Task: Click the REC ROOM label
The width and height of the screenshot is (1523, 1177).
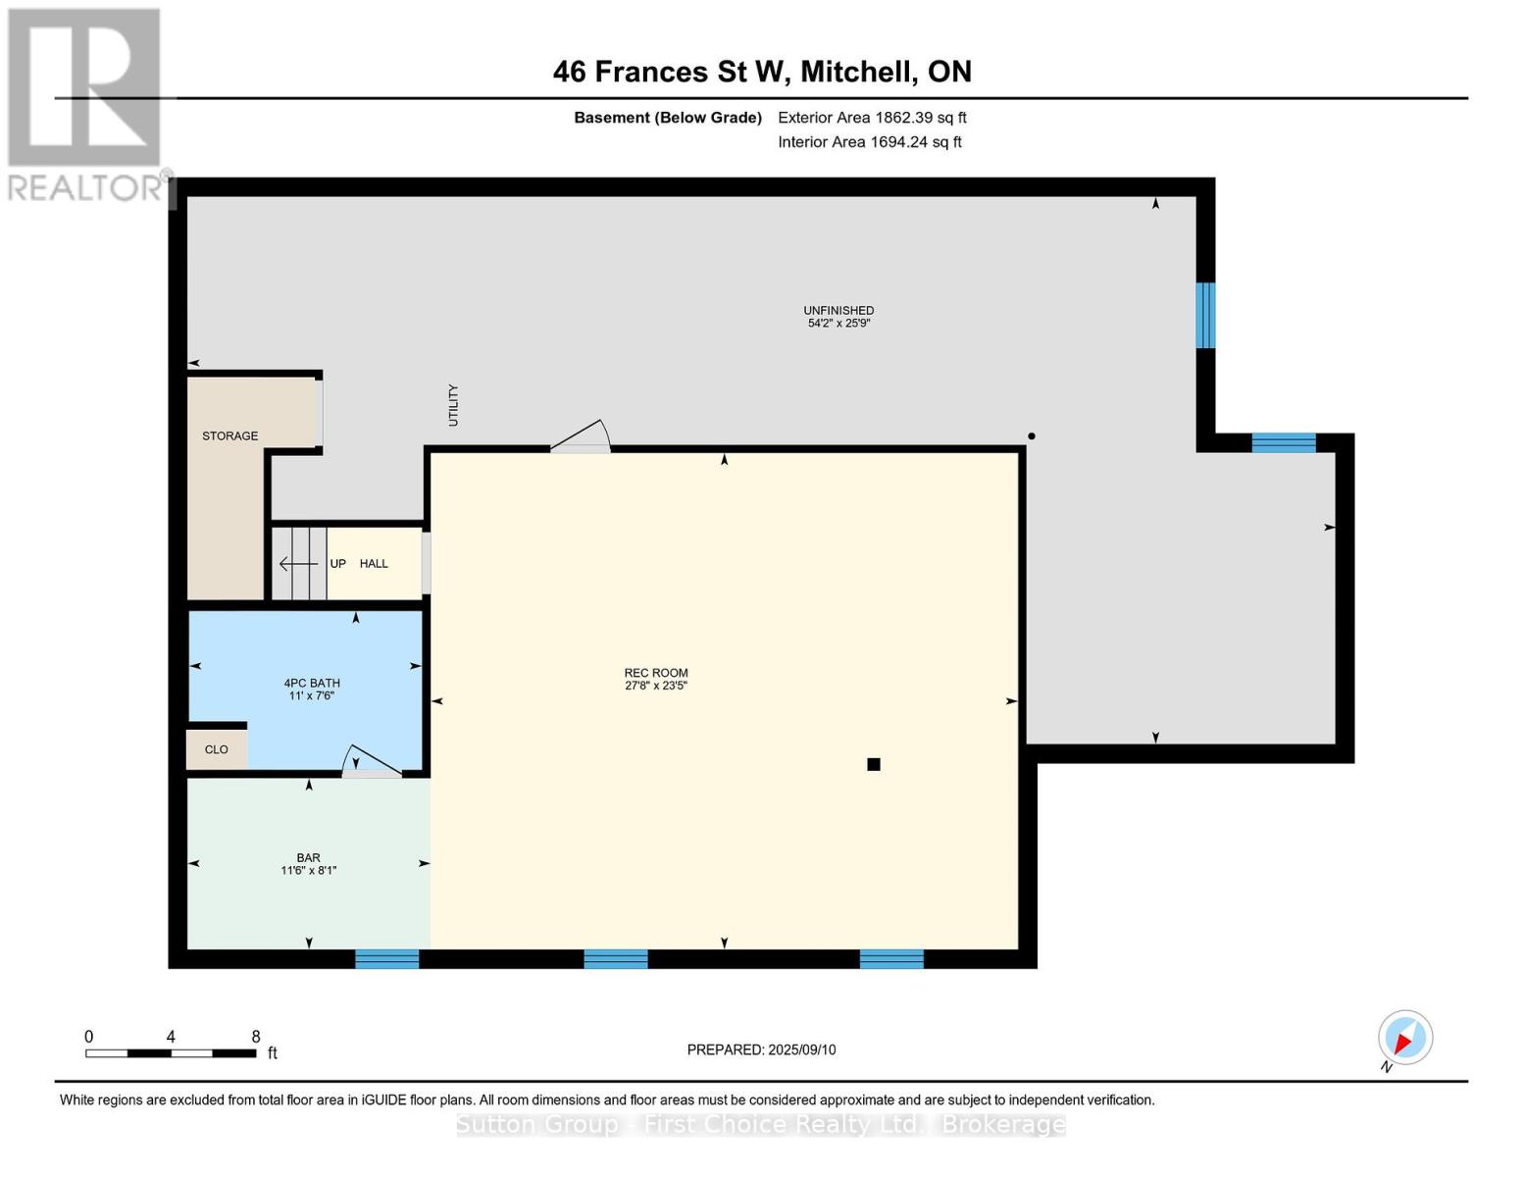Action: click(x=655, y=673)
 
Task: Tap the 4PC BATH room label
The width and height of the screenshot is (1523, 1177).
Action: click(x=312, y=683)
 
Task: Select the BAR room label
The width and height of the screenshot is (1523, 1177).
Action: click(x=308, y=857)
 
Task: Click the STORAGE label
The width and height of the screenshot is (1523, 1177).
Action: click(x=229, y=435)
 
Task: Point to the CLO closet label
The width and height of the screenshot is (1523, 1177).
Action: click(x=216, y=749)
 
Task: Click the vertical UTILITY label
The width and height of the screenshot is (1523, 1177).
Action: click(x=453, y=405)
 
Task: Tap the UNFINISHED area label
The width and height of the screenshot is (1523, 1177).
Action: click(x=838, y=310)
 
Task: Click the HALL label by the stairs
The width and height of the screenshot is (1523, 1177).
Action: click(x=374, y=563)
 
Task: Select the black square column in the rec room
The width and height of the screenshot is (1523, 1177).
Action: click(x=874, y=764)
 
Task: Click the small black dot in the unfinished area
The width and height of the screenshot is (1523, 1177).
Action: click(x=1032, y=435)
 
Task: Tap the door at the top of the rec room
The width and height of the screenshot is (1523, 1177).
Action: click(x=582, y=436)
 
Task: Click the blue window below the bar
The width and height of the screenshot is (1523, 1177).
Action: click(x=386, y=958)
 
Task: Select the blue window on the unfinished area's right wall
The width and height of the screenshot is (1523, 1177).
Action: click(x=1205, y=315)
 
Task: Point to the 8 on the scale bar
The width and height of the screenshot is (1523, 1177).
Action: click(x=256, y=1037)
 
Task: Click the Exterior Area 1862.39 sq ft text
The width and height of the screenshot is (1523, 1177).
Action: click(x=872, y=118)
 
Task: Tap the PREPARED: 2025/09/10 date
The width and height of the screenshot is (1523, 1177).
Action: click(x=761, y=1049)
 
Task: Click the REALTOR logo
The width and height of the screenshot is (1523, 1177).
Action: click(x=86, y=103)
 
